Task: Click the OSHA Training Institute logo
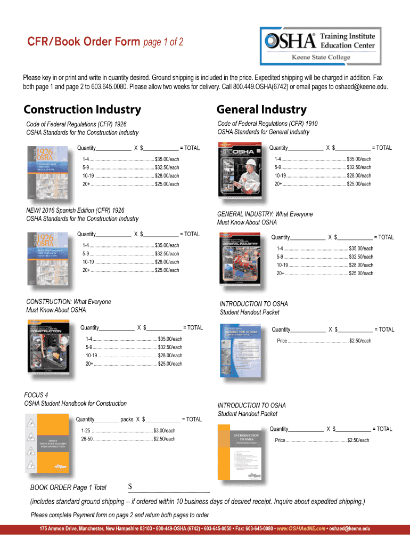point(318,46)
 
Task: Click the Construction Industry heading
point(83,110)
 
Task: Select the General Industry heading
point(261,110)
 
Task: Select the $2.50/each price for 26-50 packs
point(164,439)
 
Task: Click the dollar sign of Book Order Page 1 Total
point(130,487)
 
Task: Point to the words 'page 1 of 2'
point(163,42)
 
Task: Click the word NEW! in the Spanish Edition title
point(35,211)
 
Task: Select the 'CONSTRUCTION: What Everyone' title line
point(69,302)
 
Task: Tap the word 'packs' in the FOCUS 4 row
point(127,420)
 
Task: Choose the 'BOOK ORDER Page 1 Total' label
point(68,487)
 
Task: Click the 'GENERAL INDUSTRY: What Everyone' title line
point(265,214)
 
